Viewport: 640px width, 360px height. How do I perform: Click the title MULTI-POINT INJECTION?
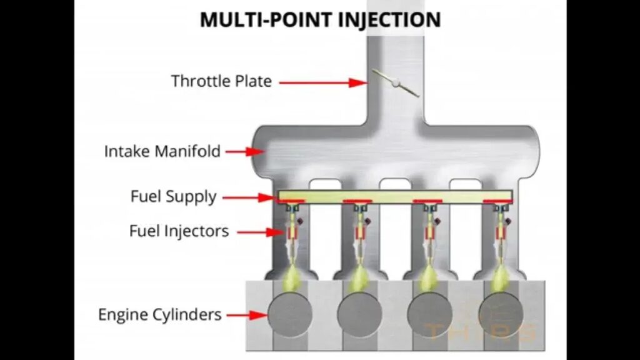point(320,19)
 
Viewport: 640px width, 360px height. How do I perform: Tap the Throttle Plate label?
point(221,81)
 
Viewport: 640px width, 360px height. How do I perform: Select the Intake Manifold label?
point(162,151)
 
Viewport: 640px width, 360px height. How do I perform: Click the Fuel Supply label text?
point(173,197)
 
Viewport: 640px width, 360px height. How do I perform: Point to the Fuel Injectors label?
point(179,231)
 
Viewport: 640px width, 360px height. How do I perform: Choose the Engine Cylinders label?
point(160,314)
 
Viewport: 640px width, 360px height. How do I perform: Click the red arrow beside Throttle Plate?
point(322,82)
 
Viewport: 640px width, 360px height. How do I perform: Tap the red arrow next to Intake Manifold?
point(243,151)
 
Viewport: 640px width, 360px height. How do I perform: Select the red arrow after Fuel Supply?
point(250,197)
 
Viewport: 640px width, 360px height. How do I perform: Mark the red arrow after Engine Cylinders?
point(246,315)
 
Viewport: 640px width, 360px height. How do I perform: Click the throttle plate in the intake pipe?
point(395,82)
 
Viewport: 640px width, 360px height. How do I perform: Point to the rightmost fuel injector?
point(501,234)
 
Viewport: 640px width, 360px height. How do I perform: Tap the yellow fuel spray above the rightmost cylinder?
point(500,278)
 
